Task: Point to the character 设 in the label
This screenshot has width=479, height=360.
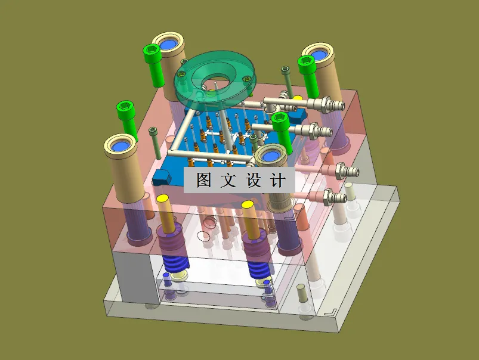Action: (253, 180)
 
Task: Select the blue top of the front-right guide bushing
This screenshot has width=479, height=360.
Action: (271, 156)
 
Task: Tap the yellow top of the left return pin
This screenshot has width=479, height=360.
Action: (163, 198)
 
